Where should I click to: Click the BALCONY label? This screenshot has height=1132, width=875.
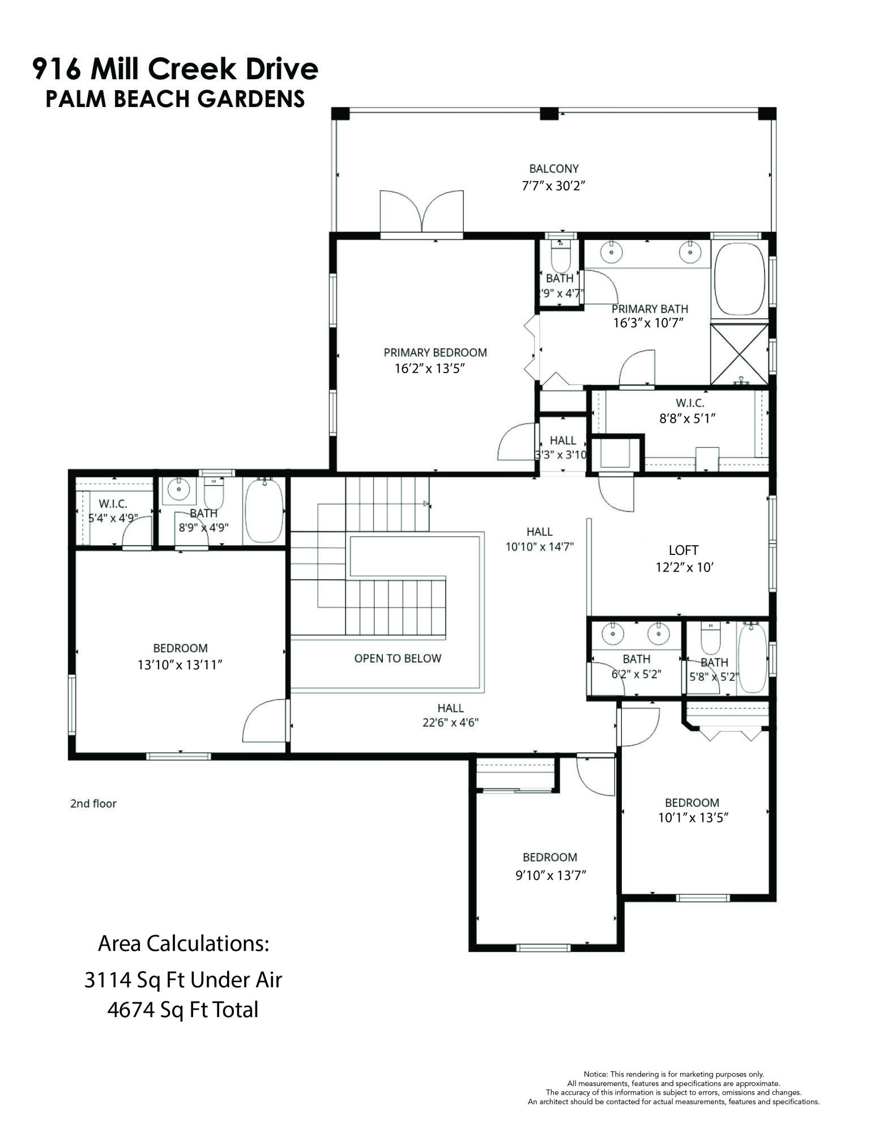pos(553,168)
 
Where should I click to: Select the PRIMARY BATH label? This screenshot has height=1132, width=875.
pos(649,309)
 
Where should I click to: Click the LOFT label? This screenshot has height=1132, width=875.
pos(683,550)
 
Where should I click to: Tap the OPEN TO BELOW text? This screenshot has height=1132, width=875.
pos(397,658)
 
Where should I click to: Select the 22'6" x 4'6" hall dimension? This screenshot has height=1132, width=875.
pos(450,722)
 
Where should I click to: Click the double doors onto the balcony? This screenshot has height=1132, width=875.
pos(421,212)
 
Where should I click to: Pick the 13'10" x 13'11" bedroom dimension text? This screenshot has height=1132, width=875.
pos(180,664)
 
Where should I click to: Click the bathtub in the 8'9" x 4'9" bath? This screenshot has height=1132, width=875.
pos(263,510)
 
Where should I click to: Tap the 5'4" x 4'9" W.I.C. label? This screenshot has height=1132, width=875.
pos(113,517)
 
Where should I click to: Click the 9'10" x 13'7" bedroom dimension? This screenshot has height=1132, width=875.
pos(550,875)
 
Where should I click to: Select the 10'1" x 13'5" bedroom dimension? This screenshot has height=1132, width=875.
pos(692,817)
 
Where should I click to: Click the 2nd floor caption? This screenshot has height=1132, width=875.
pos(93,803)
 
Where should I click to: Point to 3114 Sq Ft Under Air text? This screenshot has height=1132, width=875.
pos(183,980)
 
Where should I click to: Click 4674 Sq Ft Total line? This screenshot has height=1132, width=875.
pos(183,1010)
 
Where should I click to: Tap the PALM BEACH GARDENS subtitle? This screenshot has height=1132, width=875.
pos(175,99)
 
